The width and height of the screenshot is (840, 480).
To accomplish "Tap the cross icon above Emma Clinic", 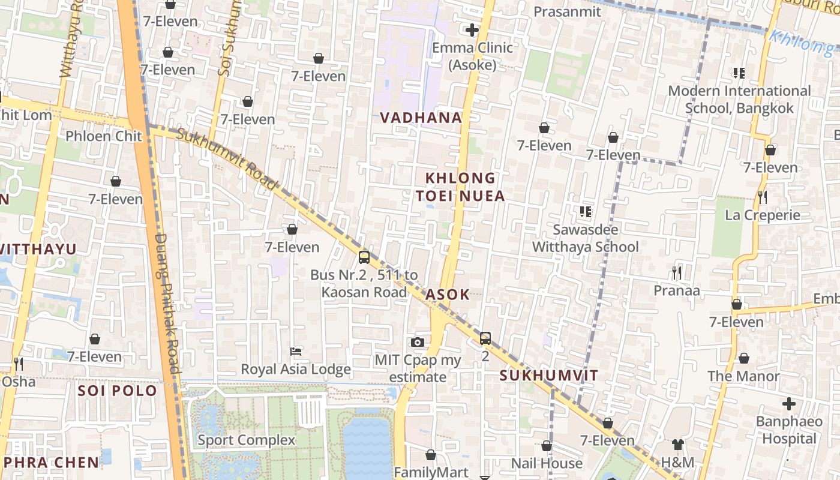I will pos(472,29).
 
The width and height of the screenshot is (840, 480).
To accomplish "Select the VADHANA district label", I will pos(421,118).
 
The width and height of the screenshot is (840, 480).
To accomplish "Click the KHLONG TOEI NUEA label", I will pos(460,187).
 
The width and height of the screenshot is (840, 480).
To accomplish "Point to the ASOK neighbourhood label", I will pos(447,295).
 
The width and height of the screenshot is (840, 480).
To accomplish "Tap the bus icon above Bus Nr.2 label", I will pos(364,257).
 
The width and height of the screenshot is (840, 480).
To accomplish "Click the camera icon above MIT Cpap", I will pos(418,342).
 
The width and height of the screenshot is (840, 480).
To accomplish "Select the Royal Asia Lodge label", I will pos(296,369).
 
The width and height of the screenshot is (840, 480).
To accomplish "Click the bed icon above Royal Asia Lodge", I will pos(296,351).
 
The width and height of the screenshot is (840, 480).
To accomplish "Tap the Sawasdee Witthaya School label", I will pos(585,238).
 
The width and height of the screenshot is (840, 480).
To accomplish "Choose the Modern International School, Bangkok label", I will pos(739,100).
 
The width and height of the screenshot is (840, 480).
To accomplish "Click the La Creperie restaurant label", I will pos(763,215).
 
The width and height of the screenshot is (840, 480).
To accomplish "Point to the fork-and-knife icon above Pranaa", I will pos(677,273).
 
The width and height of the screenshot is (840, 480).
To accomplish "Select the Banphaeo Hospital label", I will pos(789,430).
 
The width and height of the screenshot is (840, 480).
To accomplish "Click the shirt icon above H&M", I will pos(677,445).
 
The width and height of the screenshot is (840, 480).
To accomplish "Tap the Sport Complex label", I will pos(247,440).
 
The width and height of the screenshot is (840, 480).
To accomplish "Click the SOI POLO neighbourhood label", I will pos(118,391).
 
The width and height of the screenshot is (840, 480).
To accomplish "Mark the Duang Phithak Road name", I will pos(167,303).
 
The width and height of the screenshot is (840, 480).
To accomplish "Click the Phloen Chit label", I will pos(104,136).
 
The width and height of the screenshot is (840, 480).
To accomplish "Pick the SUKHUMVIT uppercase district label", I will pos(549,376).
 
